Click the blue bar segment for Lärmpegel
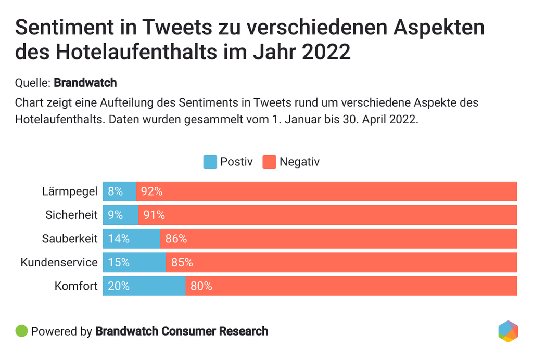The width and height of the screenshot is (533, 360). pos(119,191)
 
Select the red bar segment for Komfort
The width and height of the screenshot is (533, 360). pos(351,286)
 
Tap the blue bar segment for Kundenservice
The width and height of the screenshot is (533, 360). pos(134,263)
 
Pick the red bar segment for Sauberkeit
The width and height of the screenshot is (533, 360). pos(338,239)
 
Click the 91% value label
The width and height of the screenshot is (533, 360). pos(154,215)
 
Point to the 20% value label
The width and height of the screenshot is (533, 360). pos(119,286)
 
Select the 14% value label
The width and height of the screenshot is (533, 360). pos(119,239)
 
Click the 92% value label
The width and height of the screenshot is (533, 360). pos(151,191)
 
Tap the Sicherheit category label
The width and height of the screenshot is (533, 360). pos(71,215)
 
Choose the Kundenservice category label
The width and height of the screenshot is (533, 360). pos(59,263)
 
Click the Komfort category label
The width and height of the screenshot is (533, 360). pos(76,286)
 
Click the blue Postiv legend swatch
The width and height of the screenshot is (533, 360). pos(210,162)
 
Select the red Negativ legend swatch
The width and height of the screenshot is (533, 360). pos(269,162)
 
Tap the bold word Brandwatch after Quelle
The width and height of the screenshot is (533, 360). pos(85,83)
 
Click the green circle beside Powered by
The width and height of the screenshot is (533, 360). pos(21,331)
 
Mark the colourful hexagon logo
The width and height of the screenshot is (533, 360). pos(507,331)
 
